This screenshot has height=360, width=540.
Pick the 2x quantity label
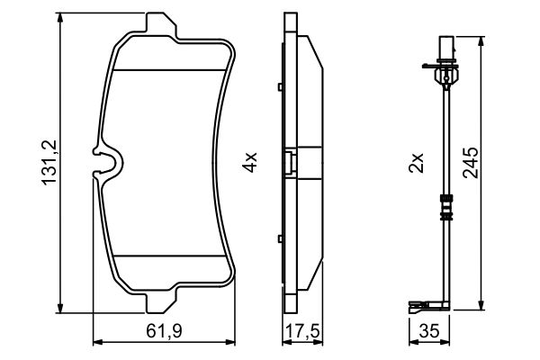click(x=416, y=163)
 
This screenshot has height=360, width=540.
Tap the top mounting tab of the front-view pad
click(x=159, y=25)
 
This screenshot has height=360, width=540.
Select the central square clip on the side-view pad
click(x=289, y=163)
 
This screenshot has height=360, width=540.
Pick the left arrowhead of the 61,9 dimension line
click(x=98, y=342)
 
